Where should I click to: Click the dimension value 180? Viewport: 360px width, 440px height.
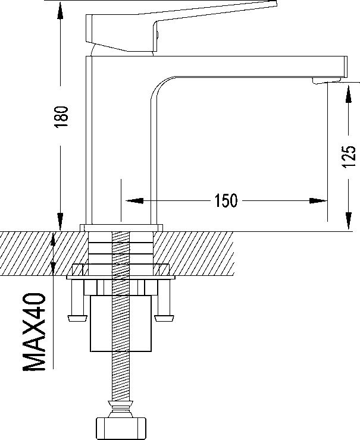click(61, 117)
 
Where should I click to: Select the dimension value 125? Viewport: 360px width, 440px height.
click(349, 157)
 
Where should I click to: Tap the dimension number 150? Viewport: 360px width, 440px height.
click(226, 200)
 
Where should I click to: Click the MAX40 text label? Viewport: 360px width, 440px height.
click(34, 332)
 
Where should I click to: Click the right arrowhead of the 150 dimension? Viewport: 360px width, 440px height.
click(318, 200)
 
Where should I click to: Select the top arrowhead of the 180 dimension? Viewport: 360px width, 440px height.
click(60, 10)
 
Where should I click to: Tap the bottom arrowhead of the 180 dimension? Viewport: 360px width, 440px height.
click(60, 221)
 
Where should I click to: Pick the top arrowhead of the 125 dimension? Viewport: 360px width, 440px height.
click(348, 94)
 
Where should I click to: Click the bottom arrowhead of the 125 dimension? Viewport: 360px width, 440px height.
click(348, 221)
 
